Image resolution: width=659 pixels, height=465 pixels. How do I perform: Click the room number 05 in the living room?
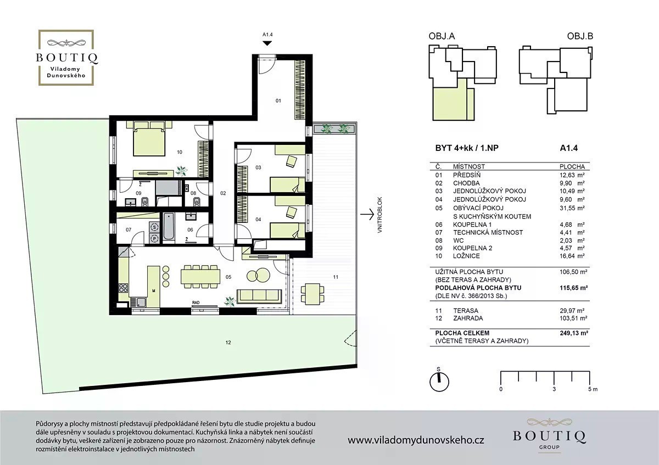coord(228,277)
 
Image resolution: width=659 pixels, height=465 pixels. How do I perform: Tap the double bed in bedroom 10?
coord(149,139)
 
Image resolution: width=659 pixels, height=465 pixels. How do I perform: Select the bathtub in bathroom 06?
coord(169,226)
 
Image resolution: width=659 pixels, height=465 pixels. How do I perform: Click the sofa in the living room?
coord(259,296)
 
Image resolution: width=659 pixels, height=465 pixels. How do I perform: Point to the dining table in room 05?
coord(200,277)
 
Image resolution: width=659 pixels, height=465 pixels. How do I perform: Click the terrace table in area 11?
coord(312,294)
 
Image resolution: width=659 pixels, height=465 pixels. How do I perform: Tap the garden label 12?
coord(228,343)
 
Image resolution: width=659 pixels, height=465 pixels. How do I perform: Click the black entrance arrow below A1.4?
coord(267,43)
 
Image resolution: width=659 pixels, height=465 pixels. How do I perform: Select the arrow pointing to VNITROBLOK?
coord(367,215)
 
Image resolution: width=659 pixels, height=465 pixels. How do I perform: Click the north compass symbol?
coord(439,382)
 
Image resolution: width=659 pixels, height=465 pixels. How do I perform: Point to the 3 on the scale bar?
coord(554,389)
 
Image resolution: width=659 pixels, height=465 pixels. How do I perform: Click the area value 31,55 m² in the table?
coord(572,208)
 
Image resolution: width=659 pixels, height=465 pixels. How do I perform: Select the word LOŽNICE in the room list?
coord(466,256)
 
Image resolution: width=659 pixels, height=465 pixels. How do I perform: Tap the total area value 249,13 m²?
coord(574,333)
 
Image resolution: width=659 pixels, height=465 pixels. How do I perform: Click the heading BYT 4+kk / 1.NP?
coord(467,148)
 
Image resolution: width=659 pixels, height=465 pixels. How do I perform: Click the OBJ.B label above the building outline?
coord(580,36)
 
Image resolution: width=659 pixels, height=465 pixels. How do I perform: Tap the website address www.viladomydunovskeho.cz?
coord(416,440)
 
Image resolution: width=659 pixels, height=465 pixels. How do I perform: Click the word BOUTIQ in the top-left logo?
coord(67,57)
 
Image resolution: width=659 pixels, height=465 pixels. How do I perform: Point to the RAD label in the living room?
coord(196,302)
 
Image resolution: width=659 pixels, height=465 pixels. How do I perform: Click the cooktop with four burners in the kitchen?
coord(123,288)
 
